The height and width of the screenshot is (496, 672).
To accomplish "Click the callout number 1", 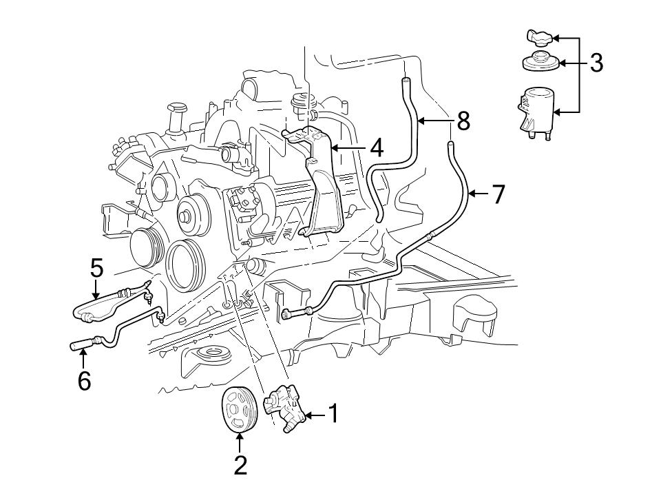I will (x=333, y=415).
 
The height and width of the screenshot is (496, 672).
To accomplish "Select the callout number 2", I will (x=240, y=465).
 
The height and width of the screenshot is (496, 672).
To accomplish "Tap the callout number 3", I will (x=596, y=63).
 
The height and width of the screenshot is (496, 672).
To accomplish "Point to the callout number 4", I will (x=375, y=147).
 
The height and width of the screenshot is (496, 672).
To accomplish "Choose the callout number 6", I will (x=84, y=380).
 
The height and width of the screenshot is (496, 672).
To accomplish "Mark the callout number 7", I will (x=498, y=195).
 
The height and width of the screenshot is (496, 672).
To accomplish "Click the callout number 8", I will (x=463, y=121).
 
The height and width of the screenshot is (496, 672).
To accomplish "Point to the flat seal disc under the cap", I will (x=539, y=63).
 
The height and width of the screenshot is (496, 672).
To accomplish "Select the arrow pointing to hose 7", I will (x=479, y=195).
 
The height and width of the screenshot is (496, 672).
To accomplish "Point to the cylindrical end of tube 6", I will (x=77, y=345).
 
